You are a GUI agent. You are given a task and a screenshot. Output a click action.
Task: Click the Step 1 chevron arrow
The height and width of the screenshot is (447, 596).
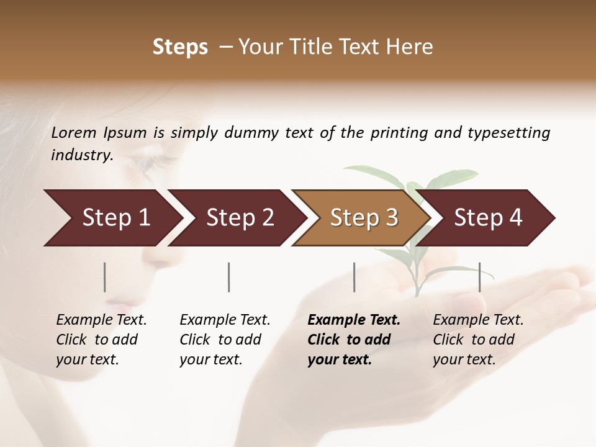click(112, 218)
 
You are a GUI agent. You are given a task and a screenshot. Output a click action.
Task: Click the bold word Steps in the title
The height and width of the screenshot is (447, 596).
click(180, 47)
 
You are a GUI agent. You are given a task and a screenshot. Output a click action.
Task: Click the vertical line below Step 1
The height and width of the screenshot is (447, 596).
click(105, 277)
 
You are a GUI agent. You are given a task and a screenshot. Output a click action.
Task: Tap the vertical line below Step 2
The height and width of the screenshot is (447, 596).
click(229, 277)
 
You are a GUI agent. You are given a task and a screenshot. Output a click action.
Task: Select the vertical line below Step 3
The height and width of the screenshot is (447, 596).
click(354, 277)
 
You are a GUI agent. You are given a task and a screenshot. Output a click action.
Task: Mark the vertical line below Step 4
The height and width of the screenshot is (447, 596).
click(479, 277)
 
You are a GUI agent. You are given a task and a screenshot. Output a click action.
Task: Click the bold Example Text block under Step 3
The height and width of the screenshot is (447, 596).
click(353, 340)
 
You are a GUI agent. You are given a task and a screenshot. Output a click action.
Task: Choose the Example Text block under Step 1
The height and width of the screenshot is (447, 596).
click(101, 340)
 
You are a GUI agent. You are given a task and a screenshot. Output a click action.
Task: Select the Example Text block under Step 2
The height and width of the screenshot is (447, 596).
click(225, 340)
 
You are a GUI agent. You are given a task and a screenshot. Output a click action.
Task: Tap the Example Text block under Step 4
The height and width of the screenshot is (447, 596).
click(478, 340)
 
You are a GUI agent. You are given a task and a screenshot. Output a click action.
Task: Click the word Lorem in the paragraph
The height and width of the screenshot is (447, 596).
click(74, 132)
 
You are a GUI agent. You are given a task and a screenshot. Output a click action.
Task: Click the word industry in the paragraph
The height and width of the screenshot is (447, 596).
click(81, 155)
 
